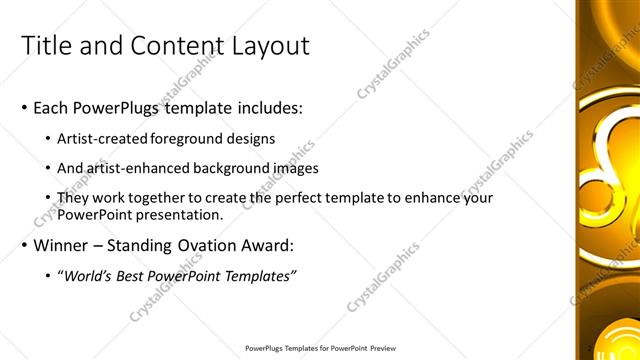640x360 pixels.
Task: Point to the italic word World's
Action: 91,275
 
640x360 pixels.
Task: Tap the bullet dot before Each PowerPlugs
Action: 24,108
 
